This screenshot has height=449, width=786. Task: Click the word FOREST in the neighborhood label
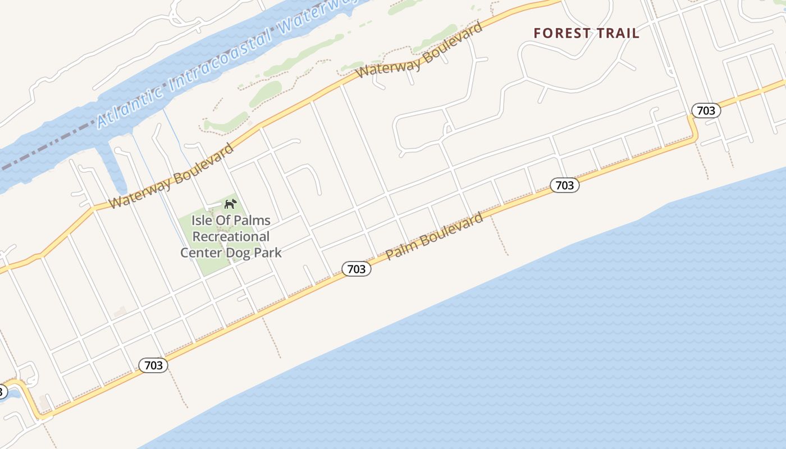click(560, 33)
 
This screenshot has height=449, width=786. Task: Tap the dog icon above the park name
click(230, 204)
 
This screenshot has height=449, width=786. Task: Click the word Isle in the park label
click(203, 221)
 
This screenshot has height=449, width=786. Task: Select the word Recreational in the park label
click(231, 236)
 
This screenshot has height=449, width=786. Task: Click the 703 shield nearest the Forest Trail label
click(706, 111)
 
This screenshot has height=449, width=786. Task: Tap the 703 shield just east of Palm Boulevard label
click(564, 185)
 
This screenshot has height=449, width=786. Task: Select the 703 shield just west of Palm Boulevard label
click(357, 269)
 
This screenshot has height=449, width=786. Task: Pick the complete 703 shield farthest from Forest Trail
click(153, 366)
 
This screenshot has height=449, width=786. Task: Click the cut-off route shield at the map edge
click(3, 391)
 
